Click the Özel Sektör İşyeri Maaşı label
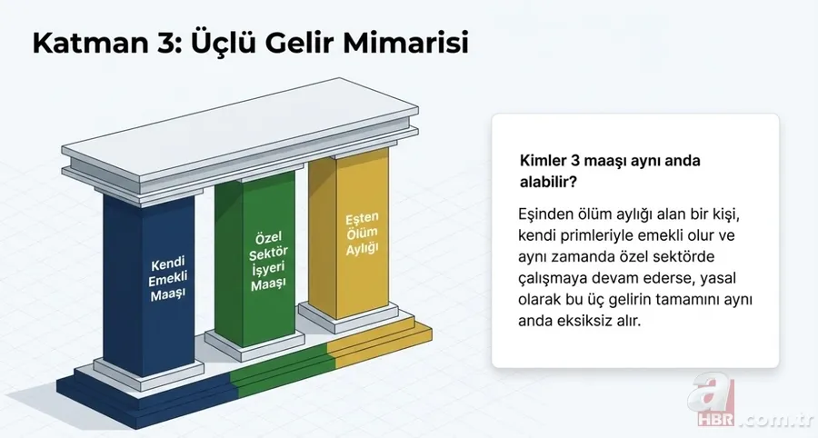pos(267,260)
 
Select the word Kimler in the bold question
pos(542,160)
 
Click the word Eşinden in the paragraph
pos(544,215)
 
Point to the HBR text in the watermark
pos(717,422)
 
